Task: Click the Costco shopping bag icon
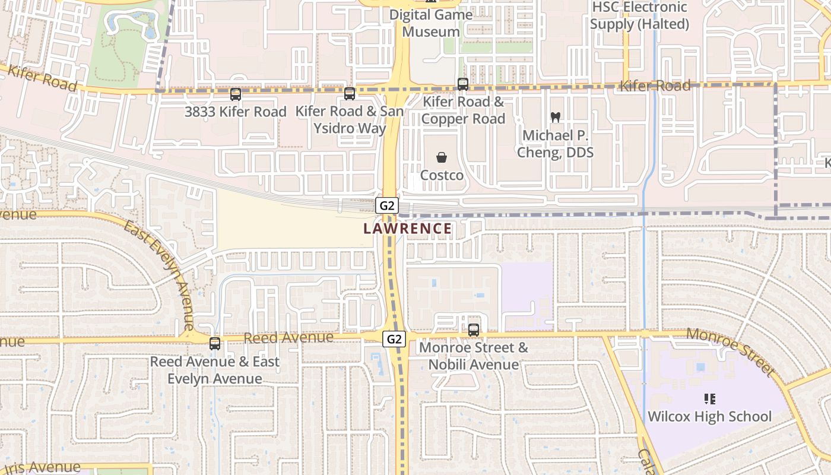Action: point(442,157)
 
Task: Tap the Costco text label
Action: point(442,176)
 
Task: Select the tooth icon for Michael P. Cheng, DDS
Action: point(556,118)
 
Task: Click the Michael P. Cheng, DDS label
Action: point(555,144)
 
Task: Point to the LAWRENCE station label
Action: point(407,229)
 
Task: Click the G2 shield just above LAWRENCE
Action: point(386,205)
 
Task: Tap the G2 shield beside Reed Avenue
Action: point(394,339)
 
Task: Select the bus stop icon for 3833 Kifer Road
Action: point(236,94)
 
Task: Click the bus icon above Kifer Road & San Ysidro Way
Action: point(350,93)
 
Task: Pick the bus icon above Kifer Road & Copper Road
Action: point(463,84)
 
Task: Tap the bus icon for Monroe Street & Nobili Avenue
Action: point(474,330)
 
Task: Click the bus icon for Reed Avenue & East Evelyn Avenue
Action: point(215,343)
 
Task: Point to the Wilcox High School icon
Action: point(709,398)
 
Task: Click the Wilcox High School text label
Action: point(709,416)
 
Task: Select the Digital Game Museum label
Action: point(431,23)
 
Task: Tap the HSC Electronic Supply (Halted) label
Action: point(639,15)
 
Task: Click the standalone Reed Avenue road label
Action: point(288,337)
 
